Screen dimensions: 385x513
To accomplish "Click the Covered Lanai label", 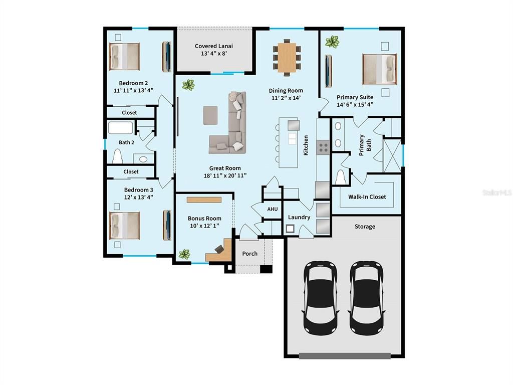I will (x=214, y=46).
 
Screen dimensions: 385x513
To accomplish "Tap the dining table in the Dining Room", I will (x=287, y=58).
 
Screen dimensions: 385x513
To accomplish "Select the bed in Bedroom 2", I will (x=124, y=56).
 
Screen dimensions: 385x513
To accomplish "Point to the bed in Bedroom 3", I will (x=124, y=226).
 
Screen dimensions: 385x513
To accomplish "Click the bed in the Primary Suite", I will (x=379, y=69).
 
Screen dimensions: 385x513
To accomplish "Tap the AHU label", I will (x=272, y=209).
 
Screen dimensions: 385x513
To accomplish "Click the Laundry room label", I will (x=299, y=217).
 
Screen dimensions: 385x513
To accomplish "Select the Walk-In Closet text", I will (x=367, y=197).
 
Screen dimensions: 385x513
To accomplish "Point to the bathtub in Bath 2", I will (x=121, y=128).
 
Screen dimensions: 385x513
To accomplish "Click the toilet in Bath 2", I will (x=118, y=157).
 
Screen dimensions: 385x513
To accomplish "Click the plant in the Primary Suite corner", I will (x=332, y=42).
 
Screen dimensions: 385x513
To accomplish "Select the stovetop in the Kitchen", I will (x=324, y=147).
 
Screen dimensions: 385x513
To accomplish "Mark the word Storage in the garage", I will (x=365, y=227).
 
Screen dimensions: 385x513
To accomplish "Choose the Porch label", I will (x=249, y=254).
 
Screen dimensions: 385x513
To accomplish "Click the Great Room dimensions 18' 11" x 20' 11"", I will (x=225, y=175).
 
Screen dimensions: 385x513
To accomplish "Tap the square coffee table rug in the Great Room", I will (x=211, y=115).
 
